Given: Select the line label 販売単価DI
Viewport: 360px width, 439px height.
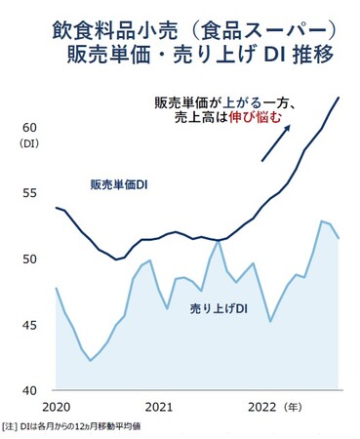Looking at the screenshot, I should tap(118, 184).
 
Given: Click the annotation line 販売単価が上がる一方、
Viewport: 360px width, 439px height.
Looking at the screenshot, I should tap(232, 102).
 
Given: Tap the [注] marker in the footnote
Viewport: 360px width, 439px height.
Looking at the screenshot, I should tap(13, 426).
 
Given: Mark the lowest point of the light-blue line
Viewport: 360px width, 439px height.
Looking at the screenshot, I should tap(91, 361).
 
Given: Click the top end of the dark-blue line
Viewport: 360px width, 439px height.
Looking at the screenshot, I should tap(339, 98).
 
